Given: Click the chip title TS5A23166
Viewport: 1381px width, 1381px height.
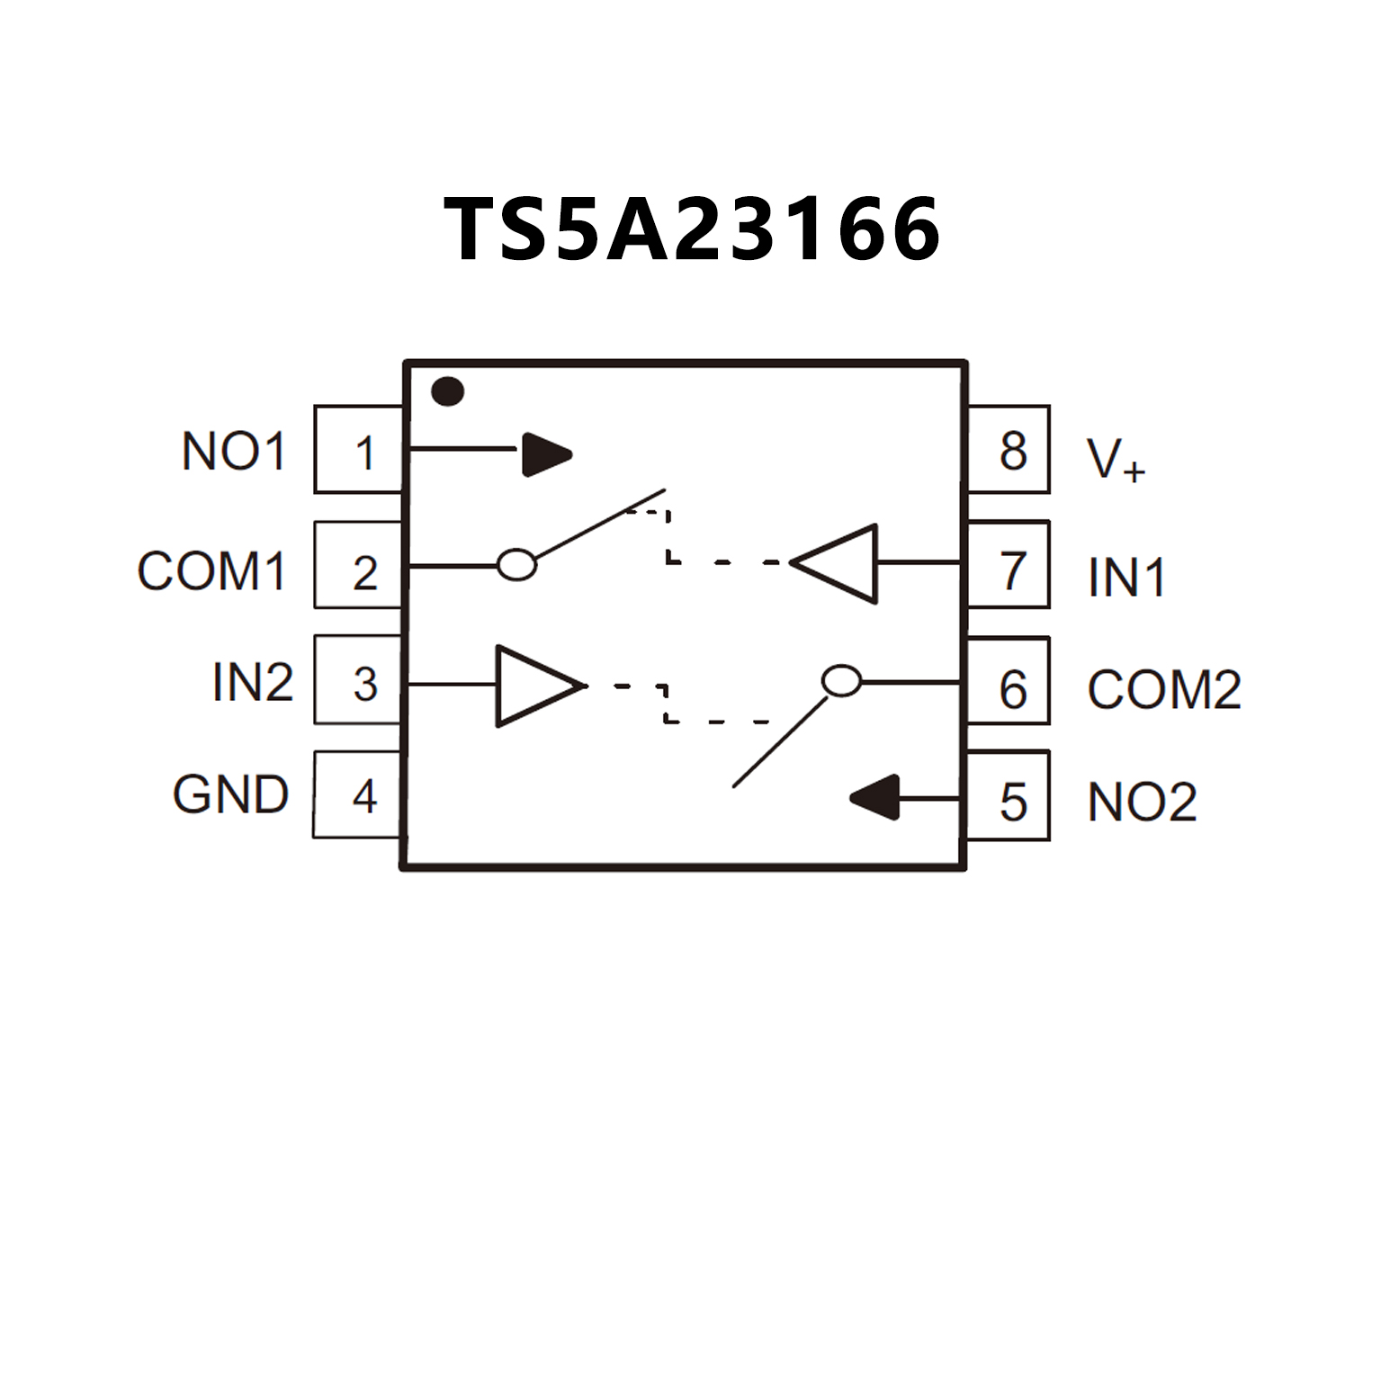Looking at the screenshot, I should coord(692,229).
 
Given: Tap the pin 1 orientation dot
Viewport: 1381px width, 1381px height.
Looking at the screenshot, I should coord(447,392).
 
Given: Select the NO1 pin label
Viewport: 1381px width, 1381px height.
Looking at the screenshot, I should coord(233,451).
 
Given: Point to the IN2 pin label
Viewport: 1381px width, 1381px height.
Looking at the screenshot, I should coord(253,682).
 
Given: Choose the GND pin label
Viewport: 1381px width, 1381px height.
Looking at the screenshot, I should coord(231,794).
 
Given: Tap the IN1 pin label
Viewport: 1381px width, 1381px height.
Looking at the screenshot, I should coord(1126,577).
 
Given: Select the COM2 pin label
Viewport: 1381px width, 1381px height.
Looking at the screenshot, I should coord(1164,689).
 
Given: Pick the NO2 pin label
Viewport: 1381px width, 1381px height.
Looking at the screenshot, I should coord(1142,802).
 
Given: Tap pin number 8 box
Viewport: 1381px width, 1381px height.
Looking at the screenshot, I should coord(1009,450).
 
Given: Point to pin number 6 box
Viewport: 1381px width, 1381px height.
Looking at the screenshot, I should coord(1009,682).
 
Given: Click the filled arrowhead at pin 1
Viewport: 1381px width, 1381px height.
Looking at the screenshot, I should coord(545,454).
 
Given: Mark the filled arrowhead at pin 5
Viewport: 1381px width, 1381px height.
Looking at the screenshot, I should coord(877,797).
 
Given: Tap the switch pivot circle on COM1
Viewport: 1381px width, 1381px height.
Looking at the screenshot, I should coord(517,565).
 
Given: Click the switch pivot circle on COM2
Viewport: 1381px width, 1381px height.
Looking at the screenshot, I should coord(842,681).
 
